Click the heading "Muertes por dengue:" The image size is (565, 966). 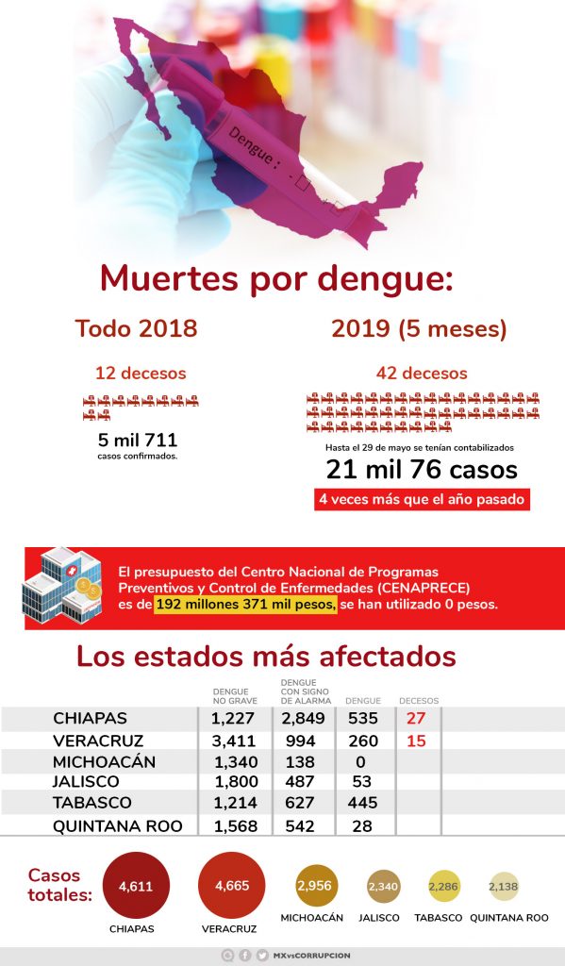click(276, 278)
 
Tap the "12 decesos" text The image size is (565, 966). click(141, 373)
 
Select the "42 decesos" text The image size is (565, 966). click(422, 373)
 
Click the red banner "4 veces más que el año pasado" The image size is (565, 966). click(422, 499)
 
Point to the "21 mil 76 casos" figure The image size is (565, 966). click(422, 470)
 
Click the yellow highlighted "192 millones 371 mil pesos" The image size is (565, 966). click(246, 605)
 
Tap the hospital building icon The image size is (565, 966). click(61, 586)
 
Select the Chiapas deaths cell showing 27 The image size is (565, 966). click(416, 718)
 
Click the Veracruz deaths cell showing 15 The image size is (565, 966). click(416, 741)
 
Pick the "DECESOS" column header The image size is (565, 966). click(419, 701)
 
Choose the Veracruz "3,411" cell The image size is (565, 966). click(233, 741)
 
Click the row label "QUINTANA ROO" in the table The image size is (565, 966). click(118, 826)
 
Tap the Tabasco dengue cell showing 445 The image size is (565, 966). click(362, 803)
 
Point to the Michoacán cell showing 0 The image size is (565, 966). click(360, 762)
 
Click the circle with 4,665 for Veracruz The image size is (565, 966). click(232, 885)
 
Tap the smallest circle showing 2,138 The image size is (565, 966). click(504, 887)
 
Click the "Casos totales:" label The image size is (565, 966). click(59, 885)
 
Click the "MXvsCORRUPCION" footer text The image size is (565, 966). click(312, 956)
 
